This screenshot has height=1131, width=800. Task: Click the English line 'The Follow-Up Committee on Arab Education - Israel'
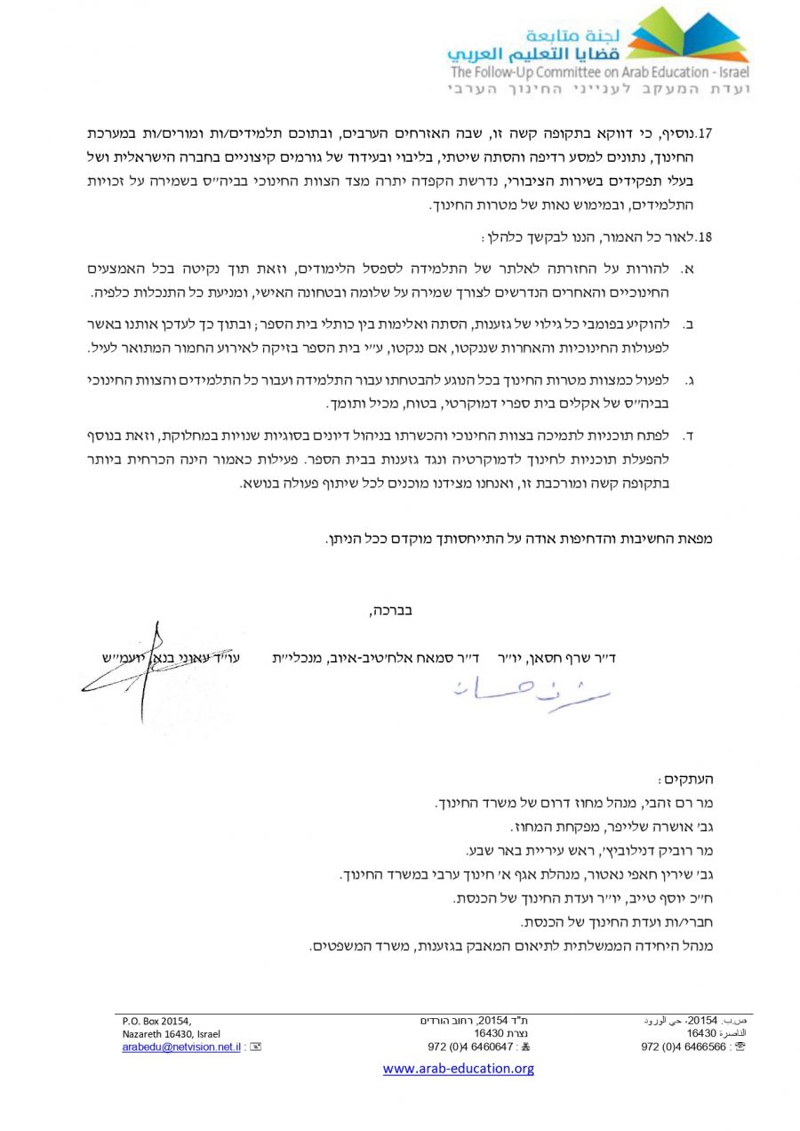(600, 73)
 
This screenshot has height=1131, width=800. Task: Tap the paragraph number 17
(707, 134)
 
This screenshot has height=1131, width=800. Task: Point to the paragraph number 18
(707, 237)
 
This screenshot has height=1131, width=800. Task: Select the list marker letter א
(688, 269)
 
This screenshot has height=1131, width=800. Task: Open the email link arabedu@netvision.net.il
(181, 1047)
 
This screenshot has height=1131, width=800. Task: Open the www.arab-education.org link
(459, 1069)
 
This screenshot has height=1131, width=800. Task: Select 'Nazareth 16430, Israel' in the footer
(172, 1034)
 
